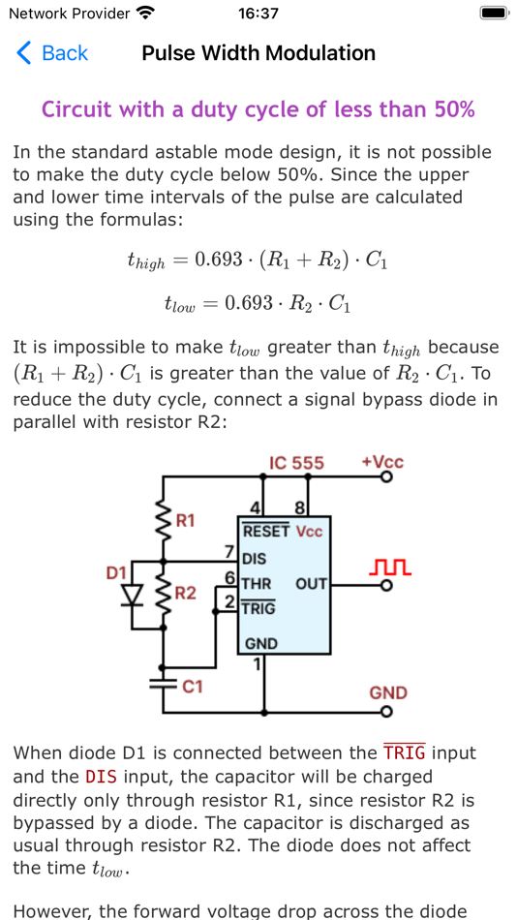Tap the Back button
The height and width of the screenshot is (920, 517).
[x=52, y=53]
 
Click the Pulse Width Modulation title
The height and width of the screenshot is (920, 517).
[x=258, y=53]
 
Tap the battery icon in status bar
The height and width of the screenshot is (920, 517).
[x=494, y=14]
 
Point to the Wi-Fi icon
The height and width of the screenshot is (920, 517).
[x=145, y=14]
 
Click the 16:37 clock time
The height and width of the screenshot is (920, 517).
[x=258, y=14]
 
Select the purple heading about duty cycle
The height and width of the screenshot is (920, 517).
[x=258, y=109]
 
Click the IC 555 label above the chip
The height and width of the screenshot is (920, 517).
[x=296, y=463]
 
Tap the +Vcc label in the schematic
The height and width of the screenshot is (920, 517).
[x=381, y=461]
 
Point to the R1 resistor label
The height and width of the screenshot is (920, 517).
[x=185, y=520]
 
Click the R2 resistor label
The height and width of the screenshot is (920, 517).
[x=186, y=593]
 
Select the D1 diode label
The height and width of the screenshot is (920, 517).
[x=116, y=573]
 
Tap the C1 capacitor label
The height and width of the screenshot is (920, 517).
[x=193, y=687]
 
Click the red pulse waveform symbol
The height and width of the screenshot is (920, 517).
[x=391, y=566]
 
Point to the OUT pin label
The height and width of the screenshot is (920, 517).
[x=312, y=584]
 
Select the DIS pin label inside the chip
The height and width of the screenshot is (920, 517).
[x=255, y=559]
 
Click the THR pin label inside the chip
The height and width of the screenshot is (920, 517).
[x=257, y=584]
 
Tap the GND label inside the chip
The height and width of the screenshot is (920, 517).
[x=261, y=644]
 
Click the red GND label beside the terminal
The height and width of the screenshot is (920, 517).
[x=388, y=692]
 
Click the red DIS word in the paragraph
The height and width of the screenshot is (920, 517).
[x=102, y=777]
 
